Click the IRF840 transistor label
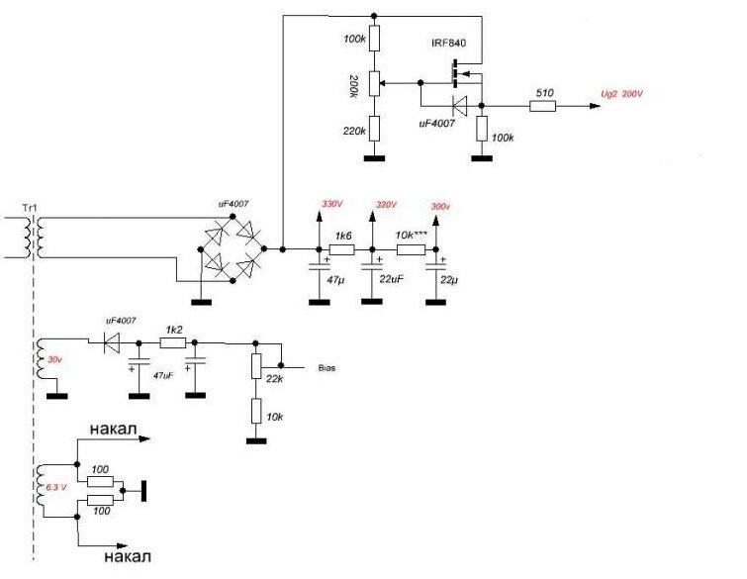click(x=448, y=46)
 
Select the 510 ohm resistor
click(x=542, y=106)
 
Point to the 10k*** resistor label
click(x=410, y=236)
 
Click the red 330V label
click(x=330, y=203)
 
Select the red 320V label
click(x=386, y=204)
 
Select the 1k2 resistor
click(x=174, y=328)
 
